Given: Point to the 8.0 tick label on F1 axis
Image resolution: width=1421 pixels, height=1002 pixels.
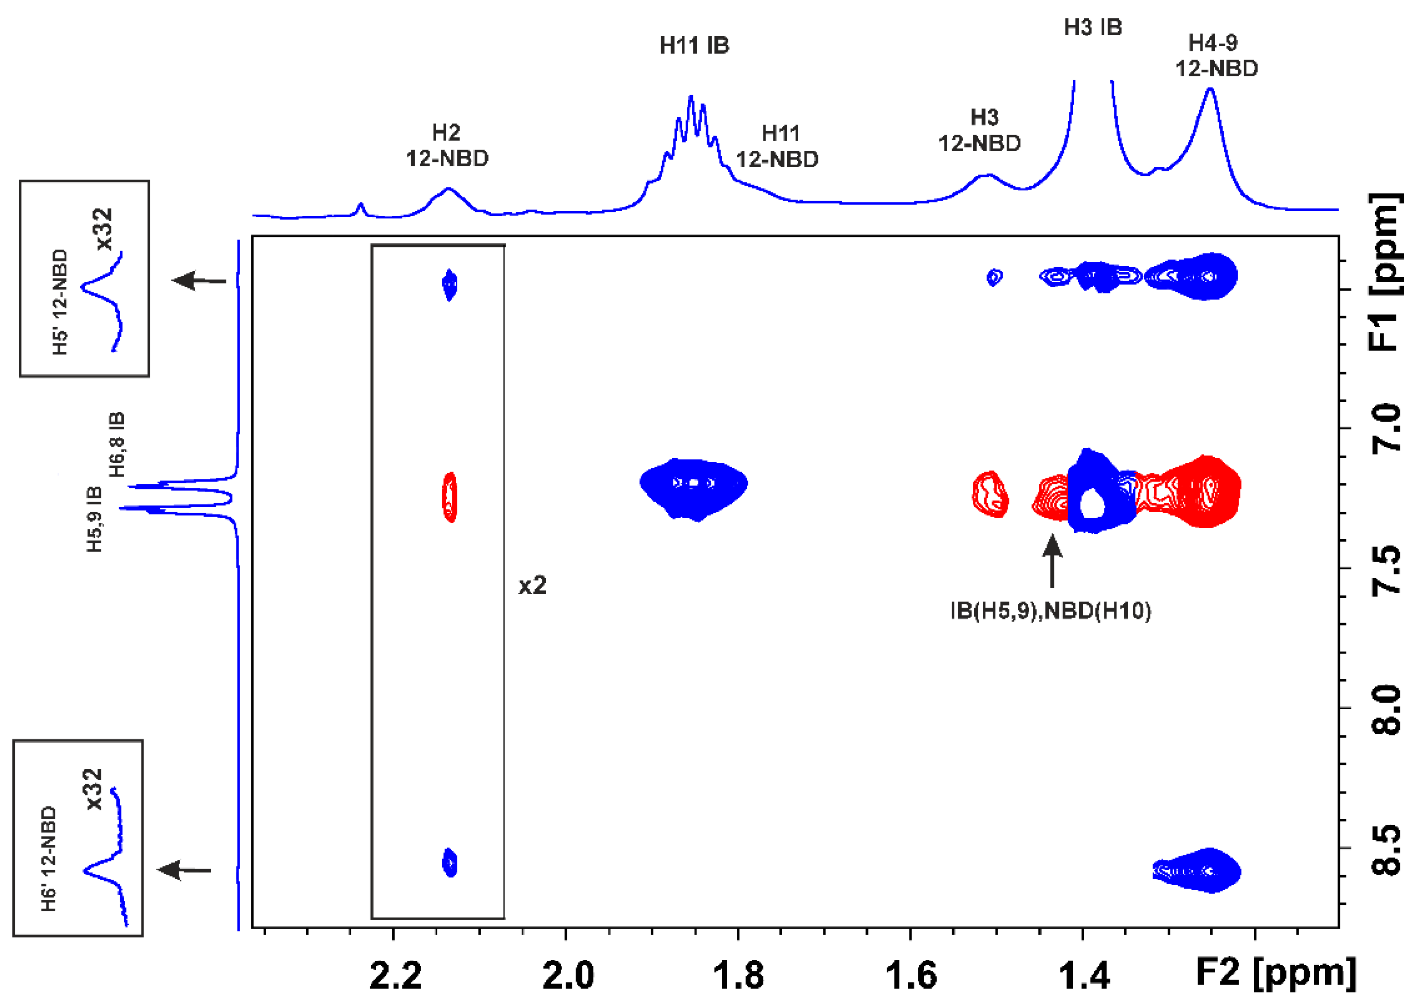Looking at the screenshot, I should [1386, 709].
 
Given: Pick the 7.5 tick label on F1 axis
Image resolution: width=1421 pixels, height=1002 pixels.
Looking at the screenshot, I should [1386, 570].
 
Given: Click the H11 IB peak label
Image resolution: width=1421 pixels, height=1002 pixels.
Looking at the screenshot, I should [694, 46].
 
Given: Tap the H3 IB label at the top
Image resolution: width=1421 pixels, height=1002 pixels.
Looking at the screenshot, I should [1093, 27].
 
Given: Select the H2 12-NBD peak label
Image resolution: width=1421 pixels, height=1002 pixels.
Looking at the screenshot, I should [447, 145].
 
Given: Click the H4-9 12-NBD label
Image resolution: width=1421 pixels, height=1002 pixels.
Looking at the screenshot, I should [1216, 56].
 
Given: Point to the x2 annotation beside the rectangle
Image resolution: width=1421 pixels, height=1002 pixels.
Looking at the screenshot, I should [532, 585].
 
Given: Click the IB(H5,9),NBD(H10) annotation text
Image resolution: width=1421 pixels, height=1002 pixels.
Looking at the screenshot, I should [1050, 611].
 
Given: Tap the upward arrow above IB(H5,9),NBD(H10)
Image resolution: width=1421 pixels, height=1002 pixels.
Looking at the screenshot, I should [1052, 560].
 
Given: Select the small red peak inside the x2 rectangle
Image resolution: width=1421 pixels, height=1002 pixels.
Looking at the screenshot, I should [450, 496].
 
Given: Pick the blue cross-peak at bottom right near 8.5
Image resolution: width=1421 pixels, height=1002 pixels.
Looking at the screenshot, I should [1197, 870].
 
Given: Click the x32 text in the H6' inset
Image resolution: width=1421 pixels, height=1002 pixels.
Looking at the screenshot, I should [94, 788].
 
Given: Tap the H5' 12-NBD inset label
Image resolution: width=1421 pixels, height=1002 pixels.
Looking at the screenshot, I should [60, 301].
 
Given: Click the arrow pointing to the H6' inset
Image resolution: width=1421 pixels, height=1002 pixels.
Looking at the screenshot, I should [184, 870].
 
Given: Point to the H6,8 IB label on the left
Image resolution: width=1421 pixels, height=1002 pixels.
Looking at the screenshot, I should [116, 444].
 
